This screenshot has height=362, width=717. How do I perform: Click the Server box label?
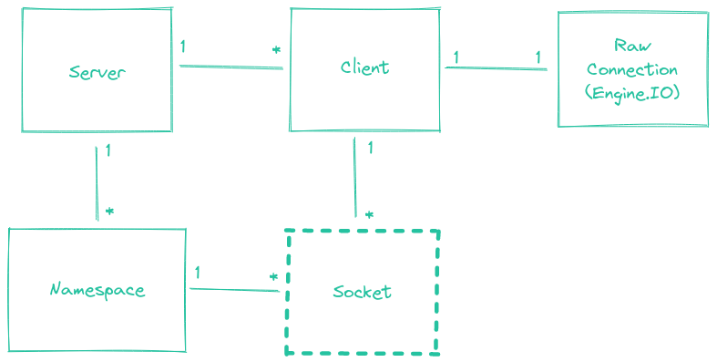click(x=97, y=72)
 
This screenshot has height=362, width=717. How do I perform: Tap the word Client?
click(x=364, y=67)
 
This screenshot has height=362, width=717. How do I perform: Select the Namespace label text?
click(x=97, y=290)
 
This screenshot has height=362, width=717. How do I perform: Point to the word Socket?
click(x=362, y=292)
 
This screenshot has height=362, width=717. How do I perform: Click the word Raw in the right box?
click(x=632, y=47)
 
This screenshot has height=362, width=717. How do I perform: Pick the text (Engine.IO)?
click(x=632, y=92)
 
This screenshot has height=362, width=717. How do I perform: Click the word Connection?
click(x=632, y=69)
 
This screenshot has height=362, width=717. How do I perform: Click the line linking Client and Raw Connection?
click(x=496, y=68)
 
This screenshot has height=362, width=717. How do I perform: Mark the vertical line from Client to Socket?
click(x=354, y=177)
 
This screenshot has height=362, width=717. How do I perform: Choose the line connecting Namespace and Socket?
click(x=233, y=290)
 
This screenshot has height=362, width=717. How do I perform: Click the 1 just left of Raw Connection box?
click(x=538, y=57)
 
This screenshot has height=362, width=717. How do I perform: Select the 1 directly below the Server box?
click(x=108, y=150)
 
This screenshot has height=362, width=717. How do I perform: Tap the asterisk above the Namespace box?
click(x=109, y=211)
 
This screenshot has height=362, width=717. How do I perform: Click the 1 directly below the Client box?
click(x=370, y=147)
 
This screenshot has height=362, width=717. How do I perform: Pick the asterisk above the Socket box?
click(x=368, y=214)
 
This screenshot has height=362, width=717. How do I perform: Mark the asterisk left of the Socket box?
click(x=272, y=276)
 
